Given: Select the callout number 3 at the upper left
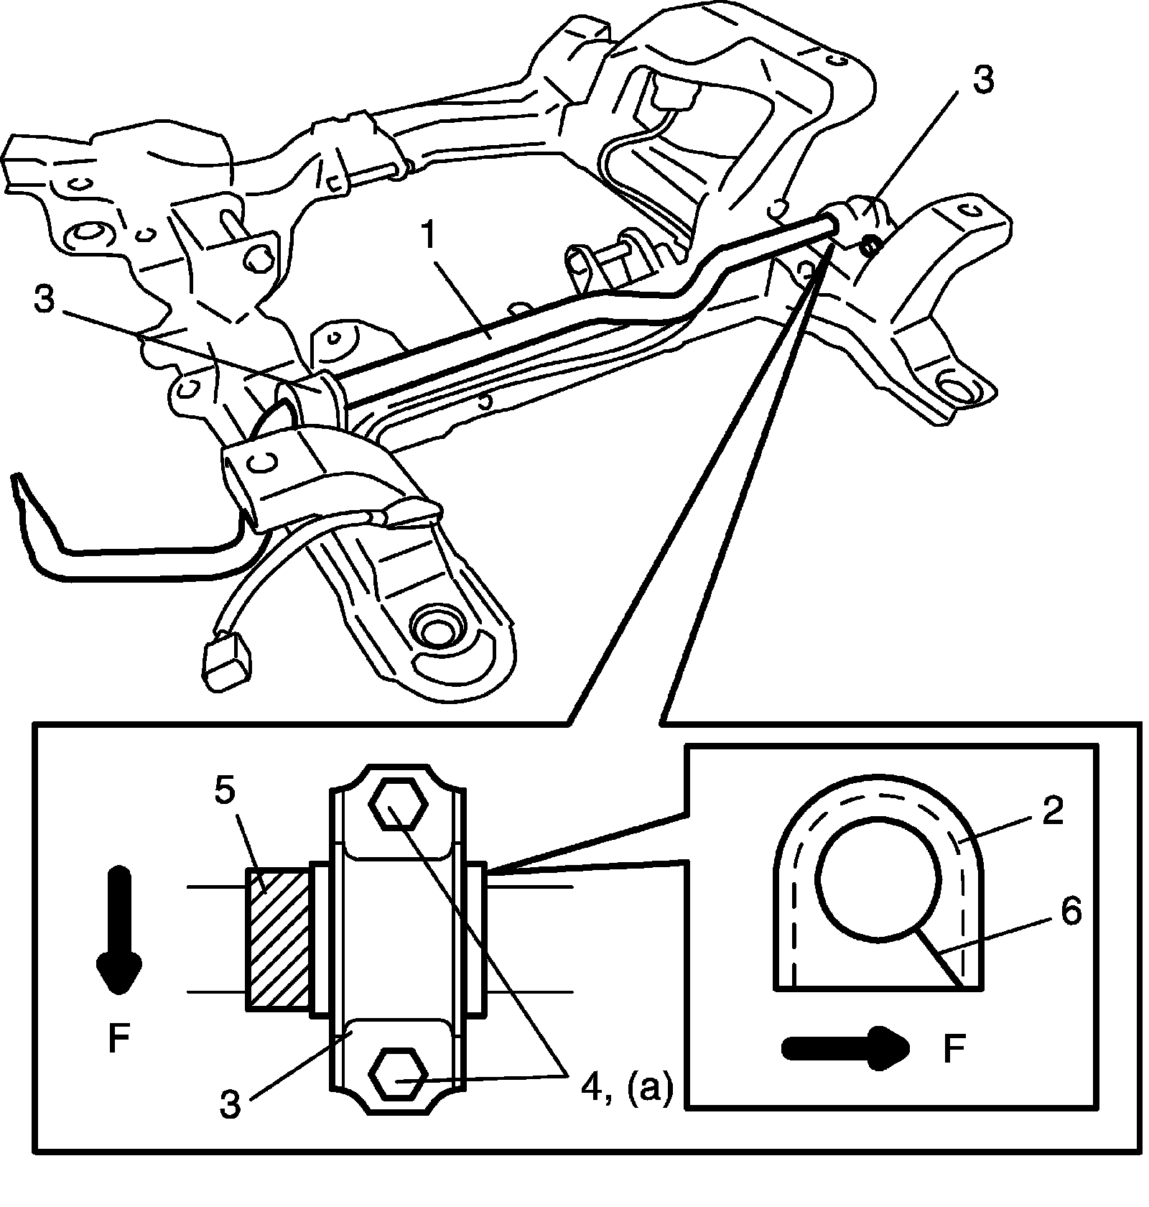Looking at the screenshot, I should tap(45, 300).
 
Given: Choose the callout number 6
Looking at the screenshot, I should tap(1070, 914).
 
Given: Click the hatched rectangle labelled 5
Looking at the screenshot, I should tap(278, 940).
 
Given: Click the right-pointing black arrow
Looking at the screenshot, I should tap(843, 1048).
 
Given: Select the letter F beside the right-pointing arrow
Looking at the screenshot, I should tap(952, 1048).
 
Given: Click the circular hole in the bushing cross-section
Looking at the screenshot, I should tap(878, 879).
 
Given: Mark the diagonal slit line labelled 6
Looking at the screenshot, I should tap(936, 955).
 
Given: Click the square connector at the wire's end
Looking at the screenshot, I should tap(229, 657).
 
